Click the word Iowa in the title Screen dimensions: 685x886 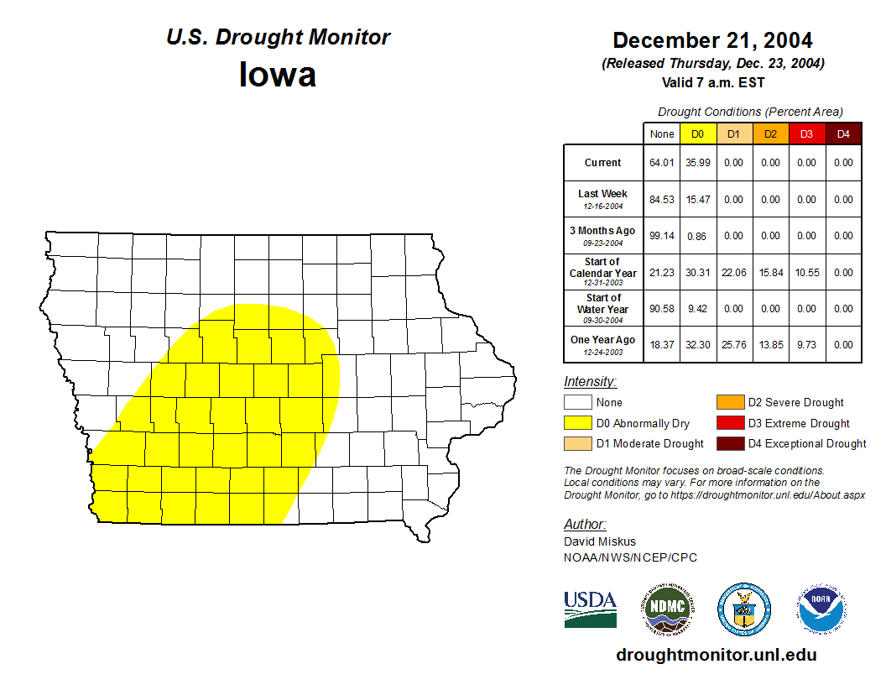pyautogui.click(x=278, y=75)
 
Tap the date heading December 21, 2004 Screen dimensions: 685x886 pyautogui.click(x=712, y=40)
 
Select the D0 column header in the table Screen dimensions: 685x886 pyautogui.click(x=697, y=134)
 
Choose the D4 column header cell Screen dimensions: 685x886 pyautogui.click(x=843, y=134)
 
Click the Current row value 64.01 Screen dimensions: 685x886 pyautogui.click(x=662, y=163)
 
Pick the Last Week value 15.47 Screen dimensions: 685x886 pyautogui.click(x=697, y=200)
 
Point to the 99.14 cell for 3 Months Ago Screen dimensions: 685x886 pyautogui.click(x=662, y=236)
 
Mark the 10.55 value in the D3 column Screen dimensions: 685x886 pyautogui.click(x=806, y=273)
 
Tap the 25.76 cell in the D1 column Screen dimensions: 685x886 pyautogui.click(x=733, y=345)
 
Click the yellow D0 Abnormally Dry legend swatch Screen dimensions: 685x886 pyautogui.click(x=576, y=423)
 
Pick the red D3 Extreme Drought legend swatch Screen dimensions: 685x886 pyautogui.click(x=729, y=423)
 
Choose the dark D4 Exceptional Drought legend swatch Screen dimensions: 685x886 pyautogui.click(x=729, y=443)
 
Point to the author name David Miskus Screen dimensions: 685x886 pyautogui.click(x=600, y=541)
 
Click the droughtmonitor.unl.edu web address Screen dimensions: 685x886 pyautogui.click(x=716, y=655)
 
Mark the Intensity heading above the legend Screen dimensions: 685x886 pyautogui.click(x=590, y=382)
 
